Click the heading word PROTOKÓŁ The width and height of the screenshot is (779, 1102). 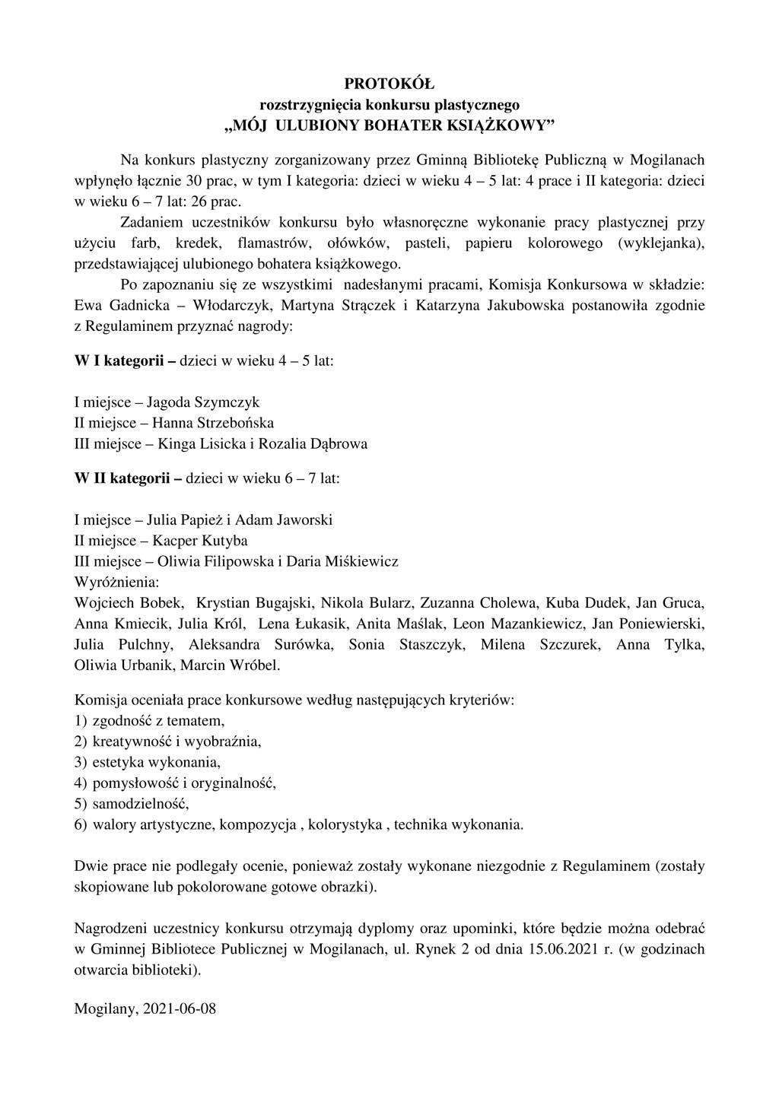tap(389, 84)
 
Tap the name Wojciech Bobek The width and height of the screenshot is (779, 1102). tap(129, 604)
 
